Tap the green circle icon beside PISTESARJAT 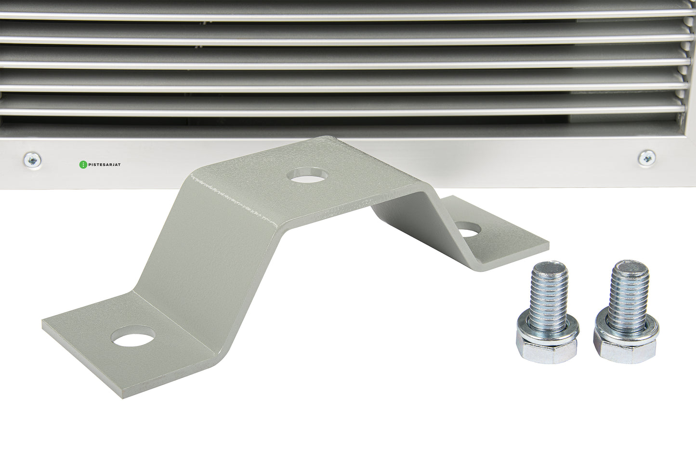pyautogui.click(x=83, y=165)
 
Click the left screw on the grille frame pyautogui.click(x=32, y=160)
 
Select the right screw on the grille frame pyautogui.click(x=647, y=158)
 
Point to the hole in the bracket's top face pyautogui.click(x=308, y=174)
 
